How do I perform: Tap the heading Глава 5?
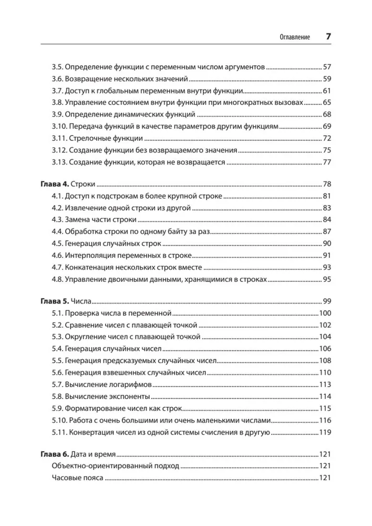(x=54, y=301)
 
